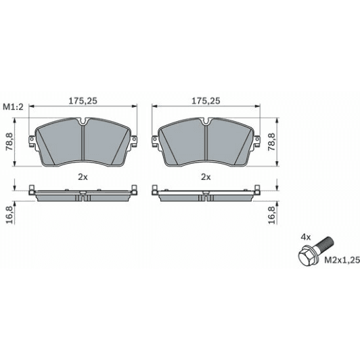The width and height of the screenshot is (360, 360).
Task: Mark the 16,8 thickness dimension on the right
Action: (271, 214)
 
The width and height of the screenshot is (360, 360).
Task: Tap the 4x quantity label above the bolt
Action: (305, 238)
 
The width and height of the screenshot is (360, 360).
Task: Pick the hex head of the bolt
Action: (305, 258)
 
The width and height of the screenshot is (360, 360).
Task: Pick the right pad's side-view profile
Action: (206, 196)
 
